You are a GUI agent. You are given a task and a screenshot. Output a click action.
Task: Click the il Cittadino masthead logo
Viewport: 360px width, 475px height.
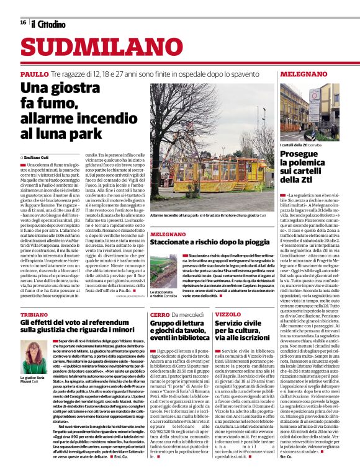tap(48, 24)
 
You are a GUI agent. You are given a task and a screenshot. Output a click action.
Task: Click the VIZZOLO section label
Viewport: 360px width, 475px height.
tap(228, 315)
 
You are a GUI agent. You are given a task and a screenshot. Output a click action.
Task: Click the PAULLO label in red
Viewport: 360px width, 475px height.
tap(34, 74)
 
